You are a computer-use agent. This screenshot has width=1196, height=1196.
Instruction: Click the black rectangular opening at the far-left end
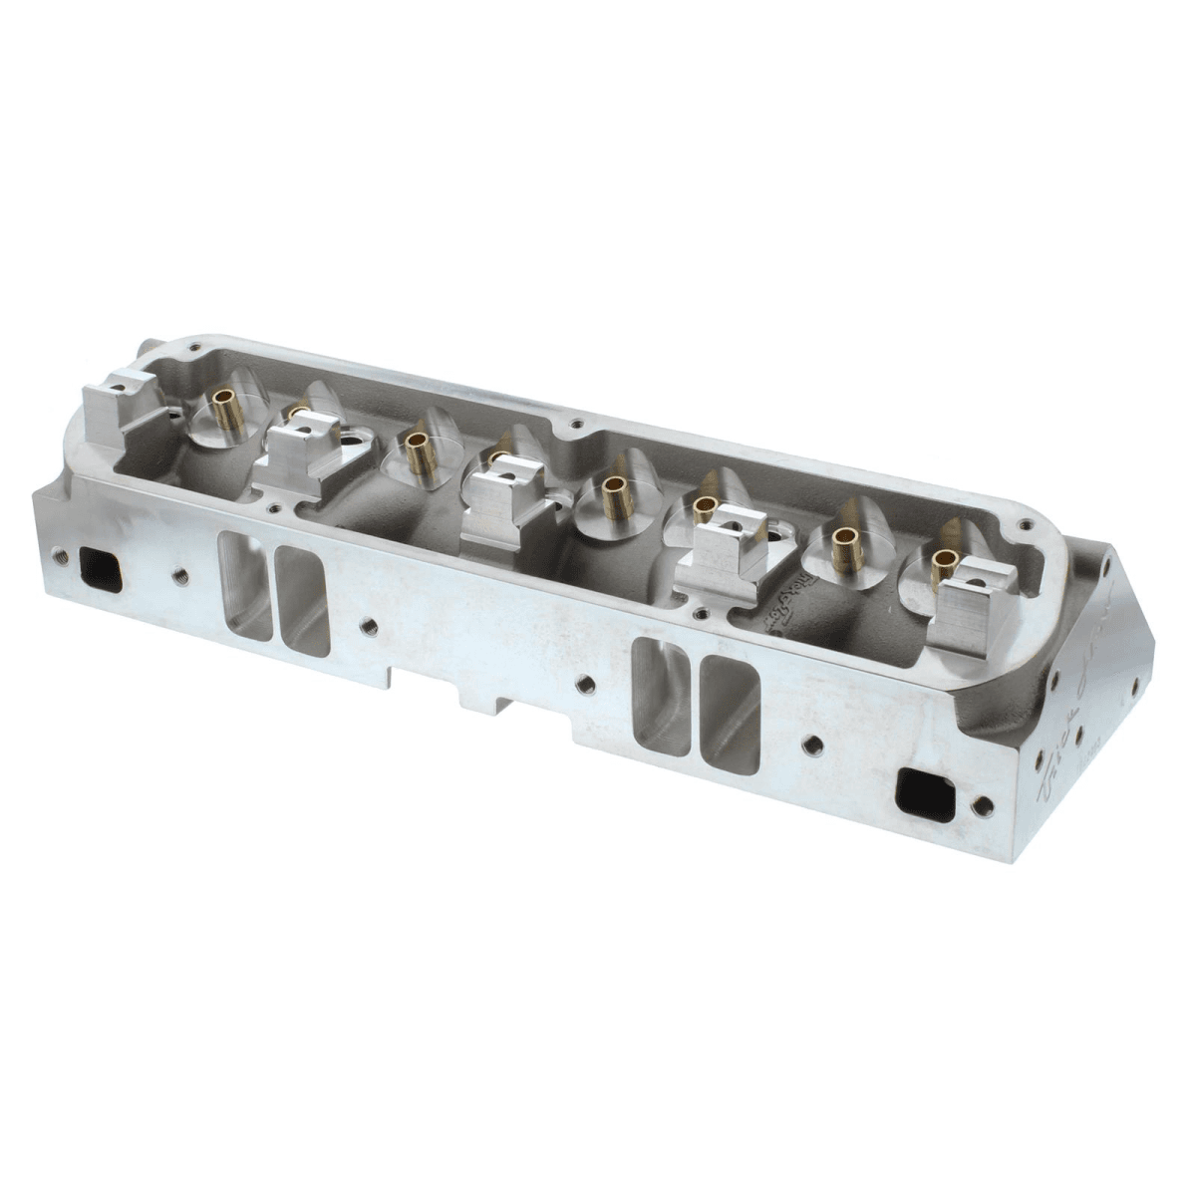coord(101,569)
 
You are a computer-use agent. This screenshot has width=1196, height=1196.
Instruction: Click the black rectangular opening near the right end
coord(927,792)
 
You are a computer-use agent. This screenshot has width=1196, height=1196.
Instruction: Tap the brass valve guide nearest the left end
coord(228,410)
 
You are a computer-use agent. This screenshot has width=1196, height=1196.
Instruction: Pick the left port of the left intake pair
coord(244,586)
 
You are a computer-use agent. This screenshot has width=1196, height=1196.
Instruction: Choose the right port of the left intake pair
coord(302,601)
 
